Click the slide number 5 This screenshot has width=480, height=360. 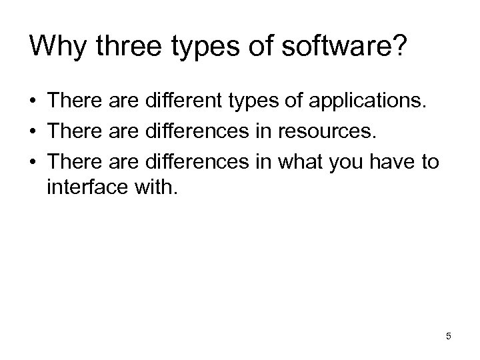coord(449,336)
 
